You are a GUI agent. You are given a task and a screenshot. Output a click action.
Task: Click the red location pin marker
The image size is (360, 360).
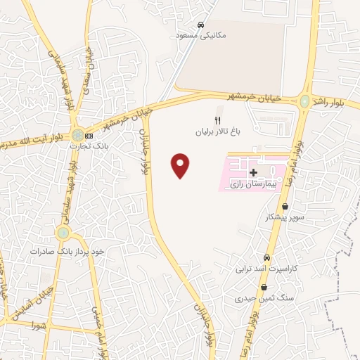181,165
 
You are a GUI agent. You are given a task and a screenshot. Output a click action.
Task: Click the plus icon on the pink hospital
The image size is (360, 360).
253,172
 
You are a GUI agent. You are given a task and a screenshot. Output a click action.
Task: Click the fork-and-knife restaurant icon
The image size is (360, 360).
217,120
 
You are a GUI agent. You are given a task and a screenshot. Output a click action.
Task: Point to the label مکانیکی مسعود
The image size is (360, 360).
201,34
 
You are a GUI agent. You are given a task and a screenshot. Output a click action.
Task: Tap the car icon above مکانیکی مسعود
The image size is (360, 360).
201,24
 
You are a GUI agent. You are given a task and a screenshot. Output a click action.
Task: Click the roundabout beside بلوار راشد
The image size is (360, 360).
304,101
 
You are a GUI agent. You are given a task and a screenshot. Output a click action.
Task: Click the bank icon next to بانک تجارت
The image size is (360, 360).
89,135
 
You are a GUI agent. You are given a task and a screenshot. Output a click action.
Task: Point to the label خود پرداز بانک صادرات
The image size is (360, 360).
67,251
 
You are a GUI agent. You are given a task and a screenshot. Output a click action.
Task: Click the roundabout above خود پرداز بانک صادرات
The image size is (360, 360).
63,232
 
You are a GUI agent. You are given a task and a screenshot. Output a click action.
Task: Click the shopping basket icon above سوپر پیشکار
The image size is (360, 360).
285,207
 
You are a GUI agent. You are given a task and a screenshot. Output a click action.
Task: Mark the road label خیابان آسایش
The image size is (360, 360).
21,302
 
